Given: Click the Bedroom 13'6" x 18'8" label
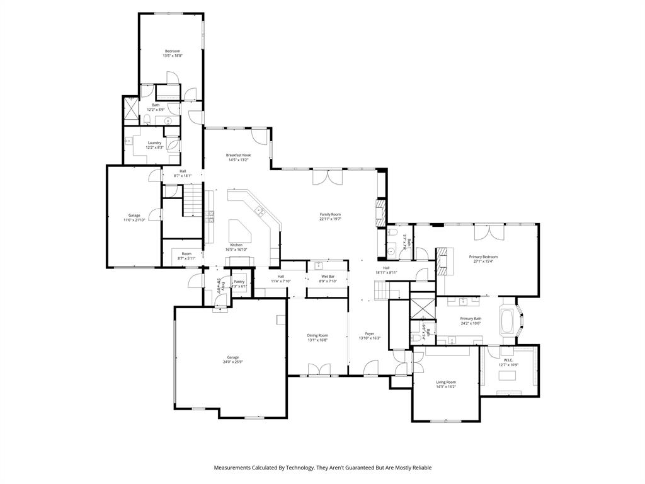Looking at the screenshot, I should click(173, 54).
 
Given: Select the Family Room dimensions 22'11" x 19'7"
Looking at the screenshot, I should click(329, 219).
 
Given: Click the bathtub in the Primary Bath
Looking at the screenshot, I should click(507, 320).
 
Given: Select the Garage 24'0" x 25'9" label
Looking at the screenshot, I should click(232, 359).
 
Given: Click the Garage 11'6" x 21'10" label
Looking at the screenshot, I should click(134, 217).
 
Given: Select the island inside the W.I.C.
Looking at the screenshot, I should click(508, 376).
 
